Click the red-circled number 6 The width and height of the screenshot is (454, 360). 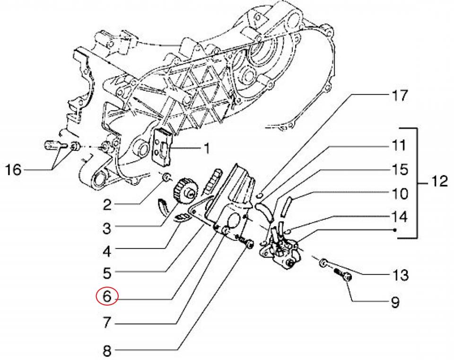(x=106, y=297)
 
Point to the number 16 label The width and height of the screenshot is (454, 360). (x=14, y=169)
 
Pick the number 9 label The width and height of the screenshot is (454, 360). (x=395, y=301)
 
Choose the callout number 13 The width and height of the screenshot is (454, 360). (x=400, y=275)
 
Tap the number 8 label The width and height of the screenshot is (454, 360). (x=106, y=351)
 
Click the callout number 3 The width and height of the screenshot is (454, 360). (x=106, y=228)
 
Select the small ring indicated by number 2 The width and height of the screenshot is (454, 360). (x=166, y=177)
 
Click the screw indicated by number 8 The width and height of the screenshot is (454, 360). (x=246, y=242)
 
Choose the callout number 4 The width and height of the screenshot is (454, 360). (x=106, y=251)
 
